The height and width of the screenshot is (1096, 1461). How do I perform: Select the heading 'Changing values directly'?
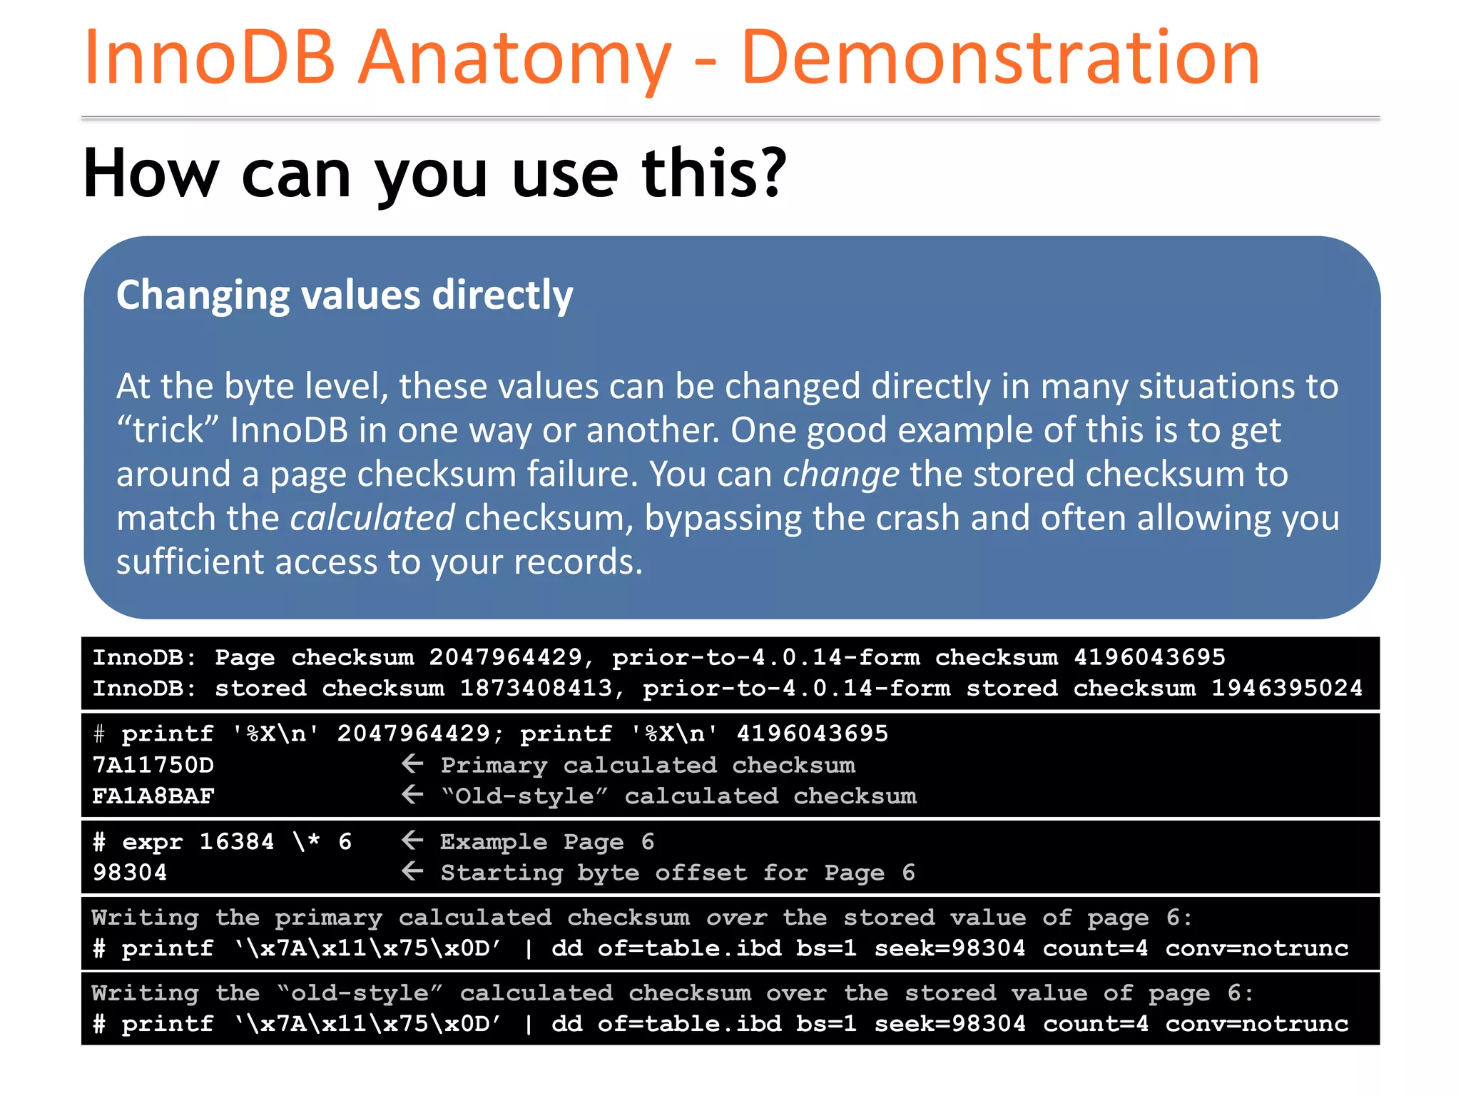(x=345, y=295)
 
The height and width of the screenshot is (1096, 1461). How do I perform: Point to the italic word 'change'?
(x=841, y=475)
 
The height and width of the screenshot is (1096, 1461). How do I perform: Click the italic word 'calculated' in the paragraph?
(x=372, y=518)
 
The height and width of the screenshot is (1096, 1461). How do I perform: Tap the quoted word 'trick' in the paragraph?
(x=168, y=430)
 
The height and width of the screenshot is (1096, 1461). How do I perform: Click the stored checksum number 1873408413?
(x=536, y=689)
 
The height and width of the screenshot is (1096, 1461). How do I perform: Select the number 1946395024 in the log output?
(x=1287, y=689)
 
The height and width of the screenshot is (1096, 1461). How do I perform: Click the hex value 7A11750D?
(x=153, y=765)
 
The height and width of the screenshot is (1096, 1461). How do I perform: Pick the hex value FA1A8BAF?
(x=153, y=796)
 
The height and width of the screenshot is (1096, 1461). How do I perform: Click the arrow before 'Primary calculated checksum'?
(x=412, y=764)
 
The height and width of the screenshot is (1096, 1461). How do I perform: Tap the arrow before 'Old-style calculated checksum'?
(x=412, y=795)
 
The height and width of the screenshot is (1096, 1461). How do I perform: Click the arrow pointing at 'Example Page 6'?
(x=412, y=841)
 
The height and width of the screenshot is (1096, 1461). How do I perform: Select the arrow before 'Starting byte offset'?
(x=412, y=871)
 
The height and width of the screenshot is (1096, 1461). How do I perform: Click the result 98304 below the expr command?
(x=130, y=872)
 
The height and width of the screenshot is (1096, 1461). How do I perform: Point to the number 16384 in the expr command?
(x=236, y=841)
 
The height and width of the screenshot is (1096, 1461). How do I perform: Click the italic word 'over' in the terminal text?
(x=736, y=918)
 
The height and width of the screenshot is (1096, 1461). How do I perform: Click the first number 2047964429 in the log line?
(x=505, y=657)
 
